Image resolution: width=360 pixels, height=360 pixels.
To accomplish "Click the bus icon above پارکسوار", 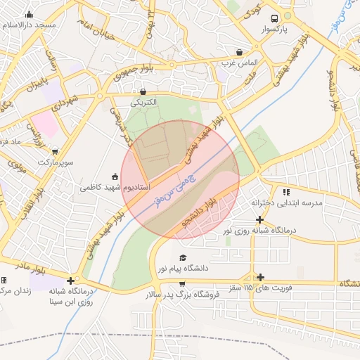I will tap(274, 19).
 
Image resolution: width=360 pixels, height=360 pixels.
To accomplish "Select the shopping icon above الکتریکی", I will tap(143, 91).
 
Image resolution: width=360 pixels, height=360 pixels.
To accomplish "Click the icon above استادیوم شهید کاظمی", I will tap(115, 176).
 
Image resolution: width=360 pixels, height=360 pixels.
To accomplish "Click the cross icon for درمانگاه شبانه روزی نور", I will tap(259, 219).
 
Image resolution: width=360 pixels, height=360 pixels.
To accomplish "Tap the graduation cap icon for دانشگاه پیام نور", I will tap(183, 258).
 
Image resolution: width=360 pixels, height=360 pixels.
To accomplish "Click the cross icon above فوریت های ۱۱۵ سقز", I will tap(260, 277).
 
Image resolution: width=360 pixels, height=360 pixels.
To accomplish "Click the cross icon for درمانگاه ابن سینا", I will tap(70, 281).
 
